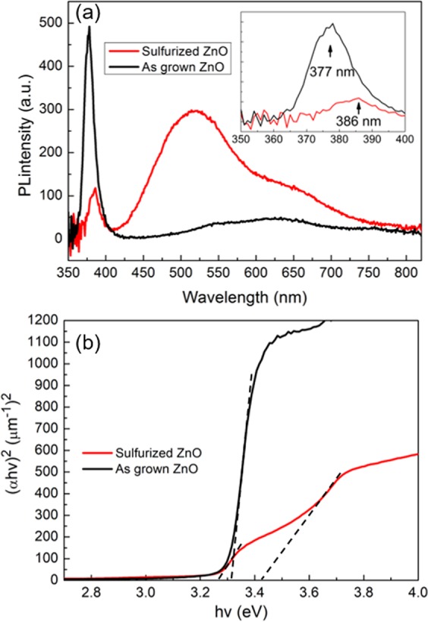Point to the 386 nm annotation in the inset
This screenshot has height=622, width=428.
click(356, 118)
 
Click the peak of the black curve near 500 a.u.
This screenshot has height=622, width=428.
click(89, 27)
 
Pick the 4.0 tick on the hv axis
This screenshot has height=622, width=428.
click(417, 591)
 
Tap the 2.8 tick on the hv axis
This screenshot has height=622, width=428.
click(92, 591)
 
